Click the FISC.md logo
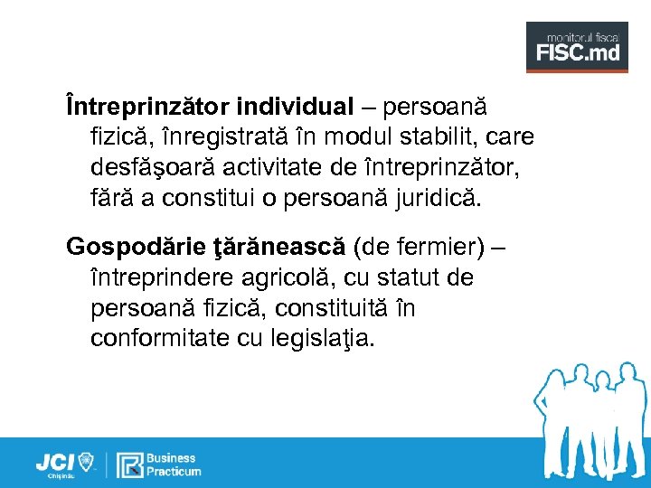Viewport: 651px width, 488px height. click(577, 47)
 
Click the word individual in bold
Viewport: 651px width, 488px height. click(296, 108)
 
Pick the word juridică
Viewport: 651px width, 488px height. click(448, 198)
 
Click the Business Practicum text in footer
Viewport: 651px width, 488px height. click(175, 465)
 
